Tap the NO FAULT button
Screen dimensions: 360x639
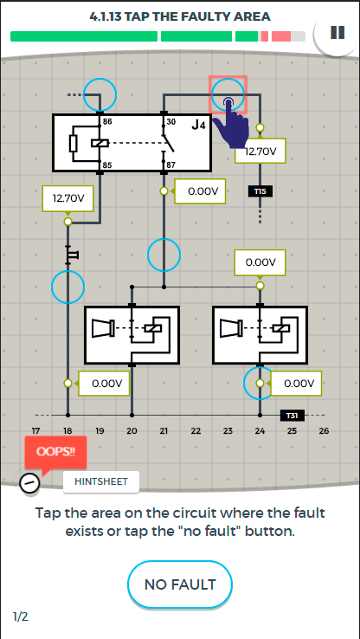coord(180,584)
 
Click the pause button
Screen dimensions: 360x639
coord(337,33)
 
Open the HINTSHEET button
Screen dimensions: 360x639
coord(101,481)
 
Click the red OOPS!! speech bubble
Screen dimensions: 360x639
coord(55,453)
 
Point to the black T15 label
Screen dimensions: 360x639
coord(260,190)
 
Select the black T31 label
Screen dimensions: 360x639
coord(292,416)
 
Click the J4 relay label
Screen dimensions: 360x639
coord(199,125)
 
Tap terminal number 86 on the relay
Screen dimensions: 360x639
coord(107,121)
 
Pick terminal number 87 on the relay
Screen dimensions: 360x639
coord(170,165)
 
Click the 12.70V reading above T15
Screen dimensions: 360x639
coord(260,152)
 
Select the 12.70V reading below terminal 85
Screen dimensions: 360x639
coord(68,199)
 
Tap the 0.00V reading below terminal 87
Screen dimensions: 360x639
coord(200,191)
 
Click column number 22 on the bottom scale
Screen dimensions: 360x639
coord(196,430)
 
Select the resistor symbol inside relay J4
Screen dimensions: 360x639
coord(74,143)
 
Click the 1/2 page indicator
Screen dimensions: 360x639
coord(21,617)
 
